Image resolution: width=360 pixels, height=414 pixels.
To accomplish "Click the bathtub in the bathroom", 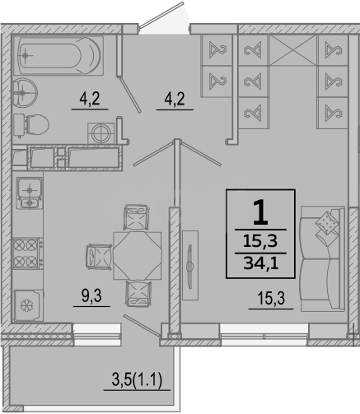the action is [x=58, y=55].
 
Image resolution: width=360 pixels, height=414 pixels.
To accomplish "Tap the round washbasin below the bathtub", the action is [x=25, y=92].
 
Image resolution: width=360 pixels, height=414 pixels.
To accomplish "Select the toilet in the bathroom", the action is [x=30, y=125].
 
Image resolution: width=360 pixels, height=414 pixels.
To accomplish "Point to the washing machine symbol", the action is [x=101, y=133].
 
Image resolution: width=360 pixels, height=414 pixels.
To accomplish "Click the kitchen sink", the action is [x=30, y=193].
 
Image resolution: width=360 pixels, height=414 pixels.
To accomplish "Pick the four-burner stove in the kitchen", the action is [x=27, y=254].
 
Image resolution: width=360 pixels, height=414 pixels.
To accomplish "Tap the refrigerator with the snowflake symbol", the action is [x=28, y=305].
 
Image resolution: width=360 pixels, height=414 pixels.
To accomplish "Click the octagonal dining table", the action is [x=138, y=255].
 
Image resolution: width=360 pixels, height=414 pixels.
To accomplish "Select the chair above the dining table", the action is [x=136, y=217].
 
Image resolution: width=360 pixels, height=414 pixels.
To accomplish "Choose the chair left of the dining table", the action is [x=99, y=256].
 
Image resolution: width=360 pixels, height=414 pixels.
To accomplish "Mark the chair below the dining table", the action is [x=138, y=294].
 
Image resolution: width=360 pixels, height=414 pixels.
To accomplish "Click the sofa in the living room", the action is [x=323, y=259].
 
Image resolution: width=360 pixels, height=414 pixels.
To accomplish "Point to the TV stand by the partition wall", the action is [x=190, y=265].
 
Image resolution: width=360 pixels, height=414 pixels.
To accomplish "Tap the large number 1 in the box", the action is [x=260, y=212].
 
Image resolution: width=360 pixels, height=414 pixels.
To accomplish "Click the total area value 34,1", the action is [x=260, y=263].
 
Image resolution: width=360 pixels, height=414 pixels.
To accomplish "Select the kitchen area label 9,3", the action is [x=91, y=296].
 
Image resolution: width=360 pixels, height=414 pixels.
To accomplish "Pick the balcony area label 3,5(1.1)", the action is [x=137, y=380].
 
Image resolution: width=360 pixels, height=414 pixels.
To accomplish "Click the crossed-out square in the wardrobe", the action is [x=293, y=50].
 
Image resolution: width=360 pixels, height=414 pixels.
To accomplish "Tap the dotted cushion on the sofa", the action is [x=327, y=222].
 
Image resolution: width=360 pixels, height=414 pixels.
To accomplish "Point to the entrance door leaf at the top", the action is [x=162, y=15].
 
